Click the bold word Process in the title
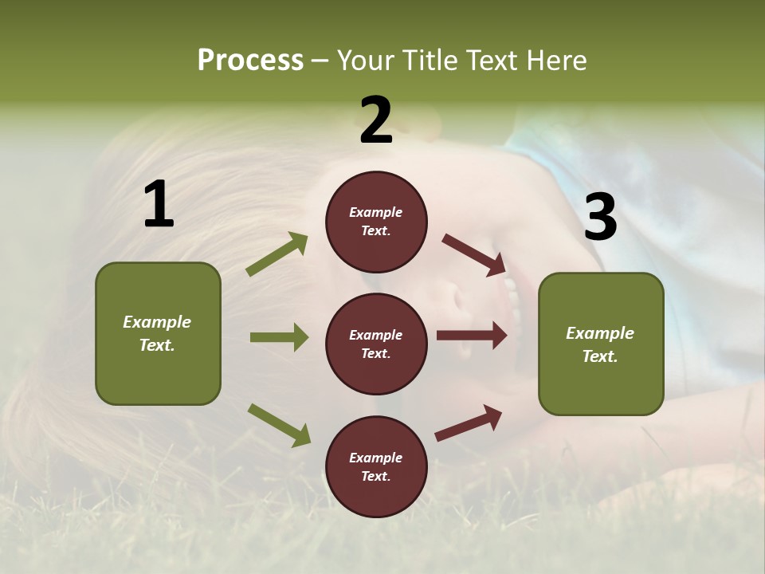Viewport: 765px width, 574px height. point(250,60)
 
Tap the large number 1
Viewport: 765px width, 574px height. point(159,204)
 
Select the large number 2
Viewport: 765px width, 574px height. point(376,120)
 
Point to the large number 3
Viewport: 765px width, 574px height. point(600,218)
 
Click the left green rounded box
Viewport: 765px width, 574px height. point(158,333)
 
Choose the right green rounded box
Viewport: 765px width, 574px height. point(601,344)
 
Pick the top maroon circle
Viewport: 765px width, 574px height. point(376,222)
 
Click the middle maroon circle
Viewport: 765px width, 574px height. point(376,344)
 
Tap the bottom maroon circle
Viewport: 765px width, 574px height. point(376,466)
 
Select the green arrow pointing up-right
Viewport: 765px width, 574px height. point(277,254)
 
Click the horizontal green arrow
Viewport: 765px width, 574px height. point(279,337)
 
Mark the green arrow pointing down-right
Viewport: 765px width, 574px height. point(279,424)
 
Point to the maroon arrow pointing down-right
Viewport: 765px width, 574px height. point(473,254)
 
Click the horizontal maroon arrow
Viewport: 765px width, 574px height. point(472,336)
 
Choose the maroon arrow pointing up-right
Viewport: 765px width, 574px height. point(469,423)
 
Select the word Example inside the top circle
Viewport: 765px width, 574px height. point(376,212)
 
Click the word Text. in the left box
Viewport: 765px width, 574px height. point(158,345)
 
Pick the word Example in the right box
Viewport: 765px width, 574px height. point(600,333)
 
